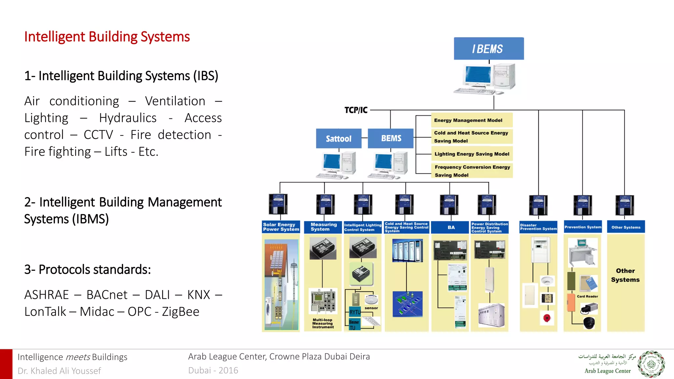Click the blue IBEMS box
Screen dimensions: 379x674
pyautogui.click(x=488, y=49)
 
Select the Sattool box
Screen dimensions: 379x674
pyautogui.click(x=338, y=139)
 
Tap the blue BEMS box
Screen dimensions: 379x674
pyautogui.click(x=391, y=138)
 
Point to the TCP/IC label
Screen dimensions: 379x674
pyautogui.click(x=356, y=110)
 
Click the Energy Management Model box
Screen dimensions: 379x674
pyautogui.click(x=471, y=120)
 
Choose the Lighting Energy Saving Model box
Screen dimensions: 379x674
pyautogui.click(x=472, y=154)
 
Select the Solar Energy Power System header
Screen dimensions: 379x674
pyautogui.click(x=281, y=227)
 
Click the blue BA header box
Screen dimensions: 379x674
pyautogui.click(x=451, y=227)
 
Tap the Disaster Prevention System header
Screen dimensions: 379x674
pyautogui.click(x=538, y=227)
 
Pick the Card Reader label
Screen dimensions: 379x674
pyautogui.click(x=587, y=296)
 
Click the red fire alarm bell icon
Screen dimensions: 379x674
pyautogui.click(x=547, y=318)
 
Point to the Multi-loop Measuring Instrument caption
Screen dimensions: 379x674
pyautogui.click(x=323, y=323)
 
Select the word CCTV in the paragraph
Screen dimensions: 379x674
pyautogui.click(x=98, y=135)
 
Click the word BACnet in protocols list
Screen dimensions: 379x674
pyautogui.click(x=107, y=295)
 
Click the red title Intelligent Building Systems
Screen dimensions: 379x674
pyautogui.click(x=107, y=37)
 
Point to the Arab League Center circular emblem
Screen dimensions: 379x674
pyautogui.click(x=651, y=364)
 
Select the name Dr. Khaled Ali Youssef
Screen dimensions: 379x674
pyautogui.click(x=59, y=371)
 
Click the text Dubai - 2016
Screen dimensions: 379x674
pyautogui.click(x=213, y=370)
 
